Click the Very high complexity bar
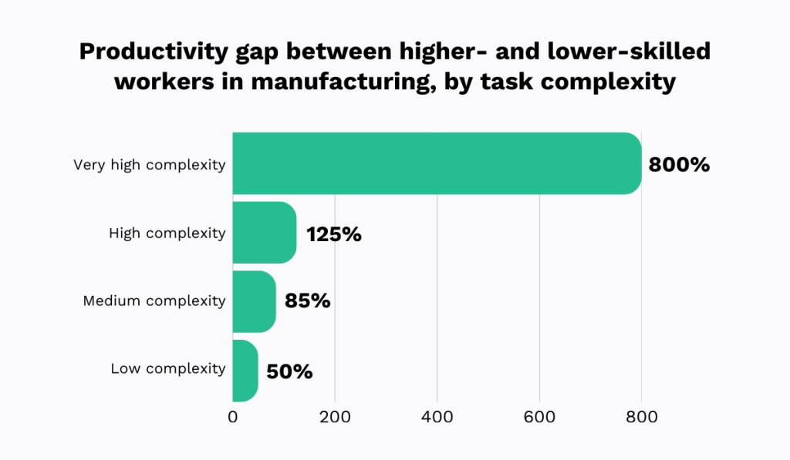437,163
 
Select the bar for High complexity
264,233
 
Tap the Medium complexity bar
254,301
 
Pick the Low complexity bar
245,371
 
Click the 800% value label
679,164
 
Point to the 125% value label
334,234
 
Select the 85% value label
307,301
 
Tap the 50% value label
289,371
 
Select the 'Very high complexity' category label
149,164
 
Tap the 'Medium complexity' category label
154,301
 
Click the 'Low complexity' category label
168,369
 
